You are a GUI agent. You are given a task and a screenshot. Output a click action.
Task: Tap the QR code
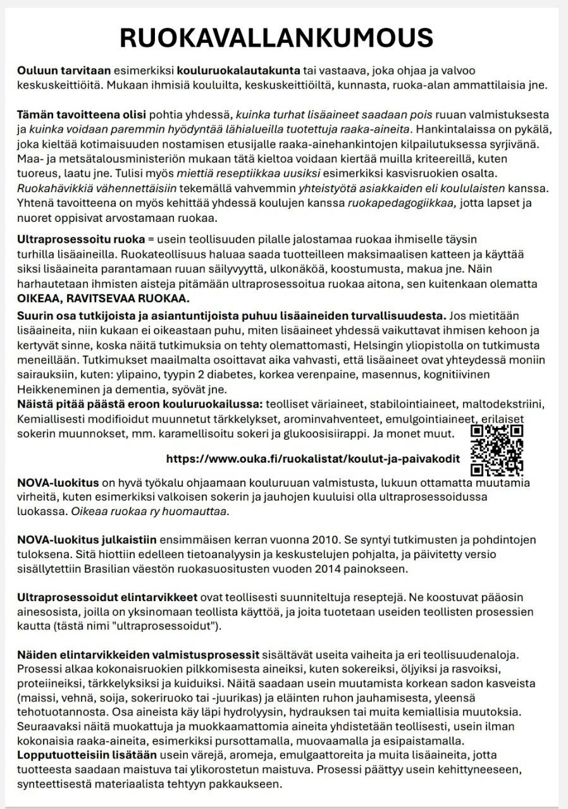pyautogui.click(x=497, y=449)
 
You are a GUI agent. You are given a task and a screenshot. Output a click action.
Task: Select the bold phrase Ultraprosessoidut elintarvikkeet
pyautogui.click(x=108, y=597)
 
